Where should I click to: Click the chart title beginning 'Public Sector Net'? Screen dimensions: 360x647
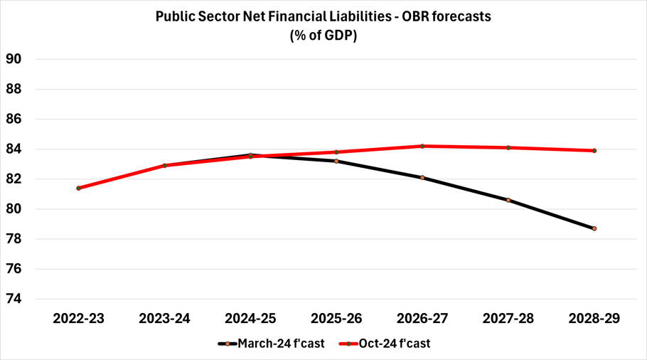coord(323,16)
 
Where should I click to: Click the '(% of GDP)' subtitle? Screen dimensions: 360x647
coord(323,36)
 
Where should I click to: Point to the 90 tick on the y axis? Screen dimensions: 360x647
coord(14,59)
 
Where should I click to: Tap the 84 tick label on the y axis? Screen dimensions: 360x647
coord(14,149)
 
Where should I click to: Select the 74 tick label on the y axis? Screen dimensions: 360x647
coord(14,299)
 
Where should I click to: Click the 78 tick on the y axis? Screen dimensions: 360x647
coord(14,239)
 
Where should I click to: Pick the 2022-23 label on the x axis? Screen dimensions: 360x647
coord(78,319)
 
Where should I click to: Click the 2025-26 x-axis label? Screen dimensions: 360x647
coord(336,319)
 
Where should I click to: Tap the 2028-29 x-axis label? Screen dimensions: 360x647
coord(594,319)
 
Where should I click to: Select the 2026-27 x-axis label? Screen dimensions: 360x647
coord(422,319)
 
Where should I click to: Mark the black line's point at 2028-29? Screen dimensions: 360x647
coord(594,228)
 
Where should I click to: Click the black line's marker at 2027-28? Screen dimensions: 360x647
coord(508,200)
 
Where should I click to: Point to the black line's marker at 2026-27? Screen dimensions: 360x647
coord(422,178)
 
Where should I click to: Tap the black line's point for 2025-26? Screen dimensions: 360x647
coord(336,162)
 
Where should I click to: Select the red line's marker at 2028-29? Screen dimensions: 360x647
coord(594,151)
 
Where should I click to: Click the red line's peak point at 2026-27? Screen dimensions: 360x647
coord(422,146)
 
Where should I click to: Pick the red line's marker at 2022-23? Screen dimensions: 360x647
coord(78,188)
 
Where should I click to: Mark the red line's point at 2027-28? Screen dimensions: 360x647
coord(508,148)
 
